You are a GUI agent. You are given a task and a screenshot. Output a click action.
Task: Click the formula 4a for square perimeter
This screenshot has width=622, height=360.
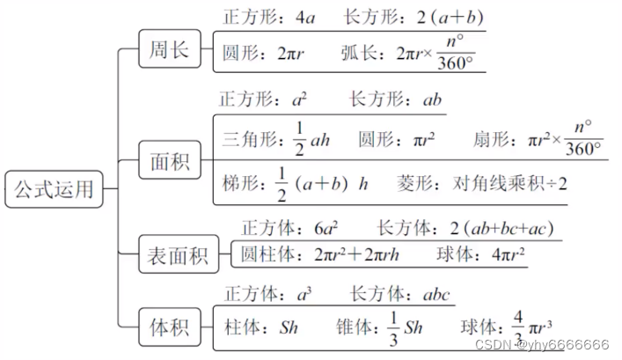(304, 17)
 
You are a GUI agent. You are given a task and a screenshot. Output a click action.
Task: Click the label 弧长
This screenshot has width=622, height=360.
(362, 54)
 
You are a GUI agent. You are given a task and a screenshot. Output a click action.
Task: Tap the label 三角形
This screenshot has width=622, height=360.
(249, 140)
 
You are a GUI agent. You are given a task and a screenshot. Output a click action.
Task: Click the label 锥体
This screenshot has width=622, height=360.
(353, 327)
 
